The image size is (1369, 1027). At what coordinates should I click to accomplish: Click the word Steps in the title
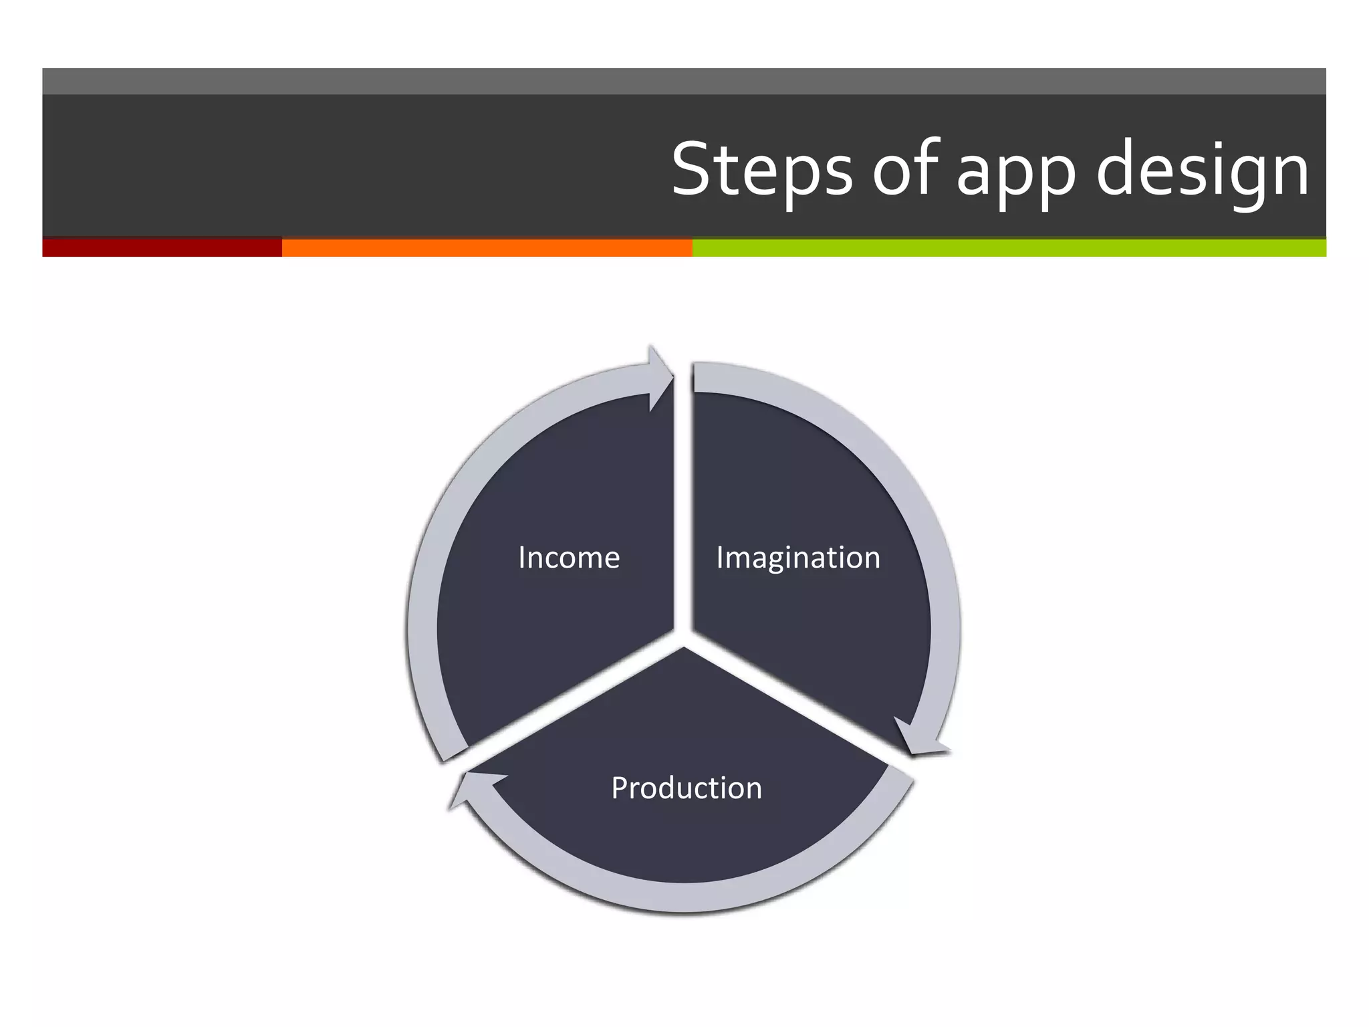pyautogui.click(x=762, y=170)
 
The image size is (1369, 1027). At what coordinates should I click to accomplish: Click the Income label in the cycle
pyautogui.click(x=569, y=558)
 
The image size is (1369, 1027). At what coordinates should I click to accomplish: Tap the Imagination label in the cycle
pyautogui.click(x=798, y=558)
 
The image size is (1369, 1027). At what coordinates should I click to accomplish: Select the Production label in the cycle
pyautogui.click(x=687, y=788)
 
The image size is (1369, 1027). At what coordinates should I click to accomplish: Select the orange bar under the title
pyautogui.click(x=487, y=247)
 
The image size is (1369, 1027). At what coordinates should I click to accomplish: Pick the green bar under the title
pyautogui.click(x=1009, y=247)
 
